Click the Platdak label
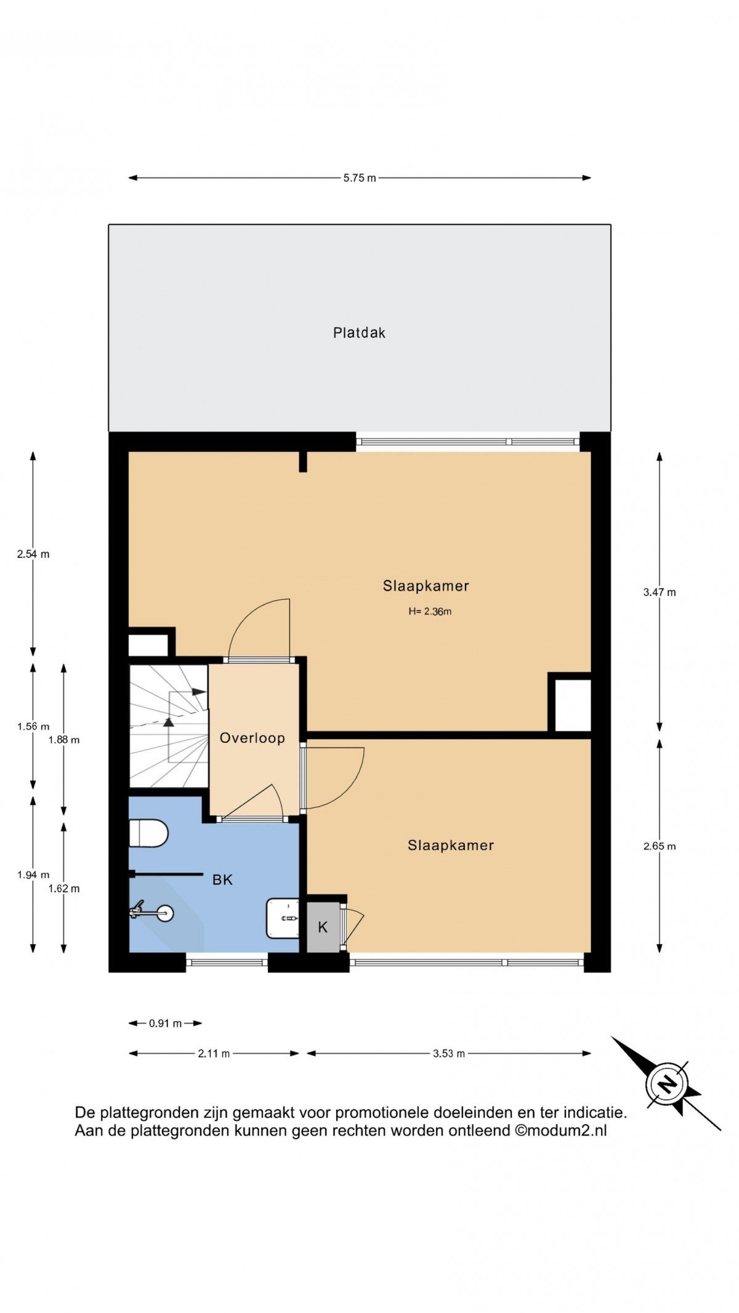pyautogui.click(x=359, y=333)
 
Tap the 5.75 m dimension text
pyautogui.click(x=360, y=178)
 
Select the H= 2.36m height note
pyautogui.click(x=430, y=612)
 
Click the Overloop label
pyautogui.click(x=252, y=738)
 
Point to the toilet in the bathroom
pyautogui.click(x=148, y=832)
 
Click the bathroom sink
pyautogui.click(x=283, y=918)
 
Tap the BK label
pyautogui.click(x=222, y=879)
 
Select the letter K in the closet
pyautogui.click(x=323, y=927)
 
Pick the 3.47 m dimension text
pyautogui.click(x=660, y=592)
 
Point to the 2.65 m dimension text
pyautogui.click(x=660, y=846)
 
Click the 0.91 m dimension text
pyautogui.click(x=165, y=1024)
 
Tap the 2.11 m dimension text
pyautogui.click(x=214, y=1054)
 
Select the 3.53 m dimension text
pyautogui.click(x=449, y=1054)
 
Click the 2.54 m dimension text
pyautogui.click(x=33, y=554)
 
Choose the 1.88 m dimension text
pyautogui.click(x=64, y=740)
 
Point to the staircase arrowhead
pyautogui.click(x=199, y=692)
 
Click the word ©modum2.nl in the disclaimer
pyautogui.click(x=561, y=1131)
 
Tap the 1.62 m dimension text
pyautogui.click(x=64, y=889)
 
